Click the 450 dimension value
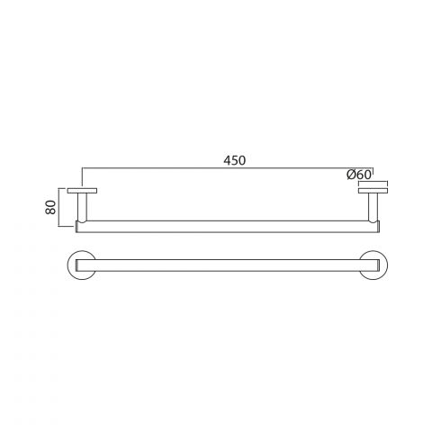[x=235, y=160]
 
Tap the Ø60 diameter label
[x=359, y=175]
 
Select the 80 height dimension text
[x=50, y=207]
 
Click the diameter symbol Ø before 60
[x=351, y=175]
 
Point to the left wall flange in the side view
[x=82, y=191]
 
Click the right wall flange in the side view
[x=373, y=191]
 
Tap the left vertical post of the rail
[x=82, y=207]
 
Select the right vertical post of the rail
[x=373, y=207]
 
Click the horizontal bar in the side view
[x=228, y=227]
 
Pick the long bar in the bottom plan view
[x=228, y=265]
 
